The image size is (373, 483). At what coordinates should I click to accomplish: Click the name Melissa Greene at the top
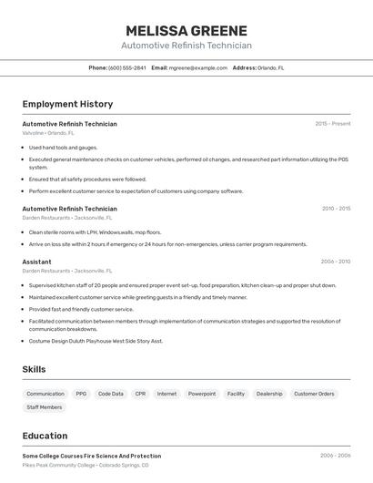click(x=186, y=30)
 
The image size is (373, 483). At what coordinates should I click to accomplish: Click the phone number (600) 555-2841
click(x=126, y=67)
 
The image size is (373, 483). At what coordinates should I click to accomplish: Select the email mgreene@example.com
click(x=197, y=67)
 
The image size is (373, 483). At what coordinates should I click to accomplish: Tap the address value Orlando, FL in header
click(x=270, y=67)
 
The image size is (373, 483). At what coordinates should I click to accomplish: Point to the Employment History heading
click(x=67, y=104)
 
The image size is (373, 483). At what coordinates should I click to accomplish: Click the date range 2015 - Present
click(x=332, y=123)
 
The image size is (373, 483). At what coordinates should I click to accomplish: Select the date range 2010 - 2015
click(x=335, y=208)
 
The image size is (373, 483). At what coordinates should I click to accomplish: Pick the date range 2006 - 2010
click(x=335, y=261)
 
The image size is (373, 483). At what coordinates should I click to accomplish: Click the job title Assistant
click(x=36, y=262)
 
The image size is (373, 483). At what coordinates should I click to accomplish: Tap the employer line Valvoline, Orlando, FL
click(x=48, y=133)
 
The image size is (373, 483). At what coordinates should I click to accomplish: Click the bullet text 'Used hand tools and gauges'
click(x=63, y=147)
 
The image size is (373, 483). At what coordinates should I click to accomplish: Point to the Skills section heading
click(x=34, y=369)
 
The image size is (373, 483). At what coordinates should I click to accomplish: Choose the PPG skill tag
click(x=81, y=394)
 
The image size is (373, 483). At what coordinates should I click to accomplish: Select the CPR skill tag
click(x=140, y=394)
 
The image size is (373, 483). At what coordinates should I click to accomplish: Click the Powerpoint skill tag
click(x=202, y=394)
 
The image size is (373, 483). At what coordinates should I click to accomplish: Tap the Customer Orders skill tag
click(x=314, y=394)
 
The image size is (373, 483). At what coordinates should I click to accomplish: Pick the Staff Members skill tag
click(x=45, y=407)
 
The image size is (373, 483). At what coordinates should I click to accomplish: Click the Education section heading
click(x=45, y=436)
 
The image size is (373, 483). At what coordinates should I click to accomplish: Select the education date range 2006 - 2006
click(x=335, y=455)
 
